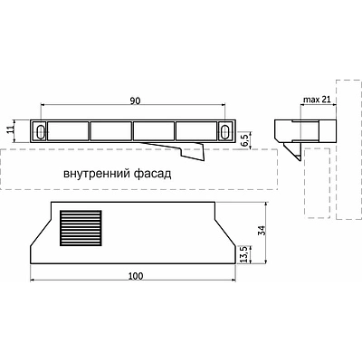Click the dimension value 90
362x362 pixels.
[134, 102]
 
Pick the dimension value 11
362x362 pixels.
[12, 130]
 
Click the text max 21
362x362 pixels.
[313, 99]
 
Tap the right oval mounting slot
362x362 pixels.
[224, 131]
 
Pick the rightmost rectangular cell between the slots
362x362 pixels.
[196, 131]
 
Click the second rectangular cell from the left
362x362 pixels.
[111, 131]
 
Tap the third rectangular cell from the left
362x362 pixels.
[154, 131]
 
